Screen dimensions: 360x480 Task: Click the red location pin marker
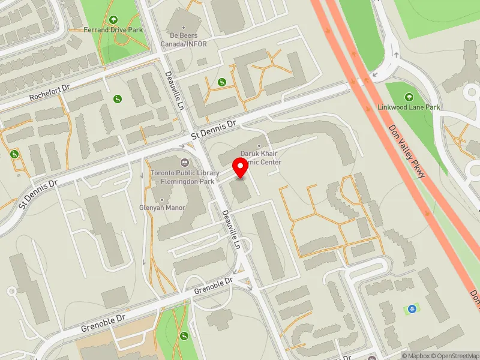point(241,167)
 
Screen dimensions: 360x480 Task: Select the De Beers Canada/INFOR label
point(184,39)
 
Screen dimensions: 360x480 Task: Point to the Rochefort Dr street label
point(50,92)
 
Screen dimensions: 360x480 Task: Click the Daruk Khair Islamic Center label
point(259,158)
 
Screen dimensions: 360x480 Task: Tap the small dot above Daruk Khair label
point(259,146)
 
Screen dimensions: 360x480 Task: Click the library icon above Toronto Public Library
point(184,161)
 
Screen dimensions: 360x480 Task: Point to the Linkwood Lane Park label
point(409,107)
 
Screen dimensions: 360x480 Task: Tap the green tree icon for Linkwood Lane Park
point(409,97)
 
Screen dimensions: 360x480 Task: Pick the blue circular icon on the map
point(412,309)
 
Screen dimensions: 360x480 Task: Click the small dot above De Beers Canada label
point(184,27)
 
